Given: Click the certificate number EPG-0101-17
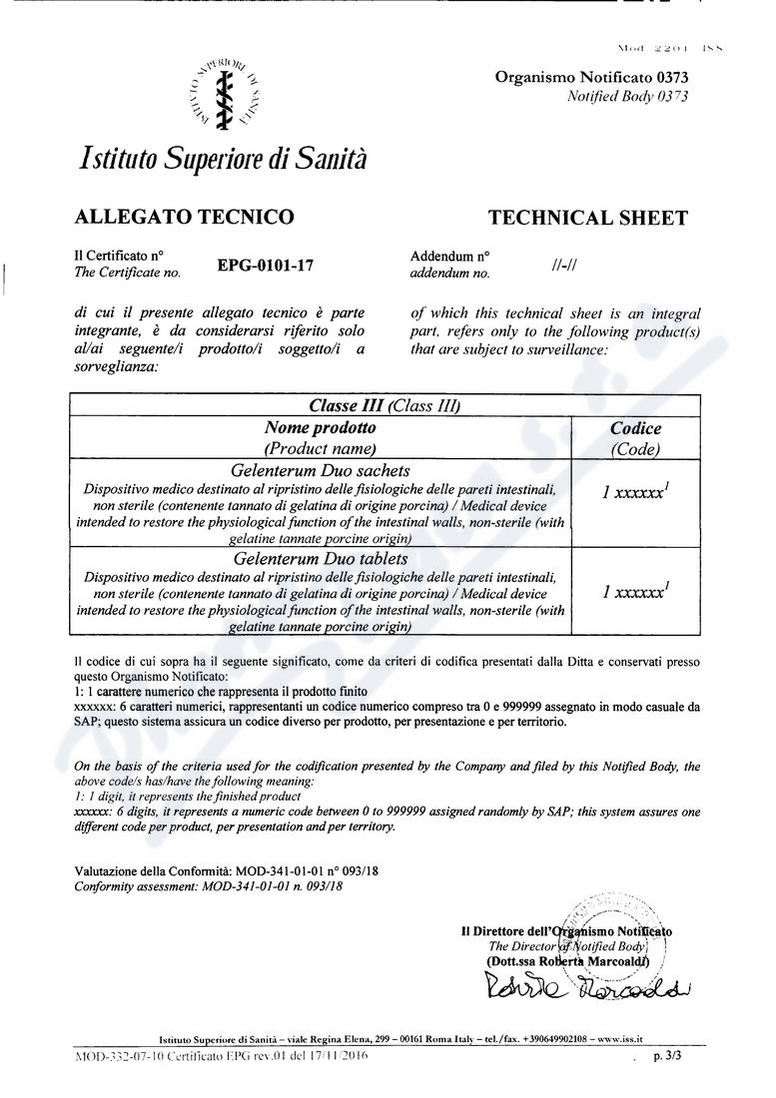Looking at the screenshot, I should (x=266, y=266).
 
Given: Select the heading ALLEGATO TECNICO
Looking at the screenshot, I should (x=184, y=217).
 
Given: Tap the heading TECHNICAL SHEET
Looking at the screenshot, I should (x=587, y=218).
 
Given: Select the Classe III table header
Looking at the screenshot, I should (x=384, y=405).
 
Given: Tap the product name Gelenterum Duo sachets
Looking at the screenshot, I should (x=320, y=470).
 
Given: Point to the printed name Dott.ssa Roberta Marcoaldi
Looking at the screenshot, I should (x=567, y=961).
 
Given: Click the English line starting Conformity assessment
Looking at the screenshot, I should (x=209, y=886).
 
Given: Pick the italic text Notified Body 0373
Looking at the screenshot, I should (x=627, y=96).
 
